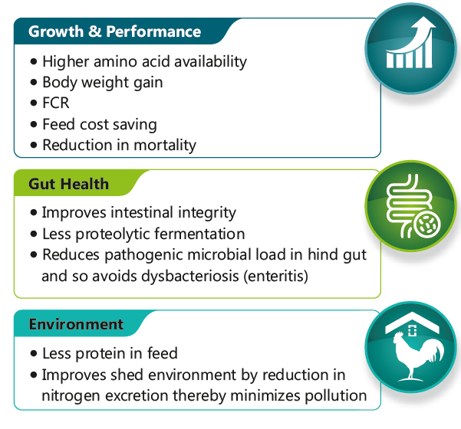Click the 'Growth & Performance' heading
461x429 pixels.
coord(114,31)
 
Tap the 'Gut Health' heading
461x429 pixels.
coord(68,184)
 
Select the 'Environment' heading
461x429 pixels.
coord(76,324)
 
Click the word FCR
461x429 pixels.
coord(56,103)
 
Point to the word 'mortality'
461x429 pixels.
coord(165,146)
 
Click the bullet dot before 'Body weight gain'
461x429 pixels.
coord(34,82)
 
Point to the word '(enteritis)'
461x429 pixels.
coord(276,277)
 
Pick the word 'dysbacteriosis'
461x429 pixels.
coord(190,277)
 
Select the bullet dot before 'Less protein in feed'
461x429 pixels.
coord(34,353)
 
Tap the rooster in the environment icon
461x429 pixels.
coord(417,355)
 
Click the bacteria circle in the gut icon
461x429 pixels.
coord(427,225)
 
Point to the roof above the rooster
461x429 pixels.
coord(412,322)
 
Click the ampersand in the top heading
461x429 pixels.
coord(94,31)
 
